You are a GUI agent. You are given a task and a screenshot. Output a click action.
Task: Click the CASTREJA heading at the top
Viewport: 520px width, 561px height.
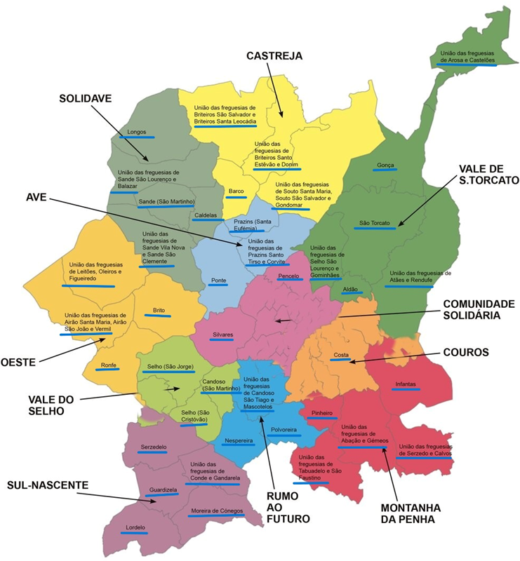(x=274, y=56)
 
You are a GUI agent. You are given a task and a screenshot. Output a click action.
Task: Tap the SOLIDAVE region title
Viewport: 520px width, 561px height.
(x=85, y=99)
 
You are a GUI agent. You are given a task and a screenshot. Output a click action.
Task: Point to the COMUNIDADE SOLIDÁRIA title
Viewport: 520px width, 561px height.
(x=478, y=309)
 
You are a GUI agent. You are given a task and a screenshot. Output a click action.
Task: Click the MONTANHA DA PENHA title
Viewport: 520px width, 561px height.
(x=410, y=513)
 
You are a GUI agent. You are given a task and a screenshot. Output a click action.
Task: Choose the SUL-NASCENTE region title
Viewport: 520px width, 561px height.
(x=48, y=485)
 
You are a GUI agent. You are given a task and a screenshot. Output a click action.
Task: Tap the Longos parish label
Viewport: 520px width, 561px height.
(x=136, y=131)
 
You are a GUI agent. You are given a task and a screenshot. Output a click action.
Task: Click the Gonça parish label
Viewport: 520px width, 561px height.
(x=385, y=165)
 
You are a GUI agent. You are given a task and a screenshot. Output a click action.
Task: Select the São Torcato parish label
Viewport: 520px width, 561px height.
(x=374, y=224)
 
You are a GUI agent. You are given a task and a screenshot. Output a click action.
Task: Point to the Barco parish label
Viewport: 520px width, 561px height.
(x=234, y=190)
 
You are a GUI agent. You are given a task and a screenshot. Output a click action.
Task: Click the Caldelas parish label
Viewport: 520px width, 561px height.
(x=206, y=215)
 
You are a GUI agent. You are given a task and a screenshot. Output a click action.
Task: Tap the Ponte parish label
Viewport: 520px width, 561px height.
(x=218, y=280)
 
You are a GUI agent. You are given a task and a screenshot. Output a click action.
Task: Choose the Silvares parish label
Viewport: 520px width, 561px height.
(x=222, y=334)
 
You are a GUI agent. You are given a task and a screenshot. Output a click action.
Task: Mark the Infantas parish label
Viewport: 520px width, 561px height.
(x=406, y=384)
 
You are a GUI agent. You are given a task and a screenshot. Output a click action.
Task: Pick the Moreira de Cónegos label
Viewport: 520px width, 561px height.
(x=214, y=511)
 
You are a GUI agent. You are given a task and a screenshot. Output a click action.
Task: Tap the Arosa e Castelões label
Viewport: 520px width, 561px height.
(x=468, y=57)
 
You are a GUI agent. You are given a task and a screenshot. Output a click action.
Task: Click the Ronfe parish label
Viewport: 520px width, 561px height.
(x=108, y=365)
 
